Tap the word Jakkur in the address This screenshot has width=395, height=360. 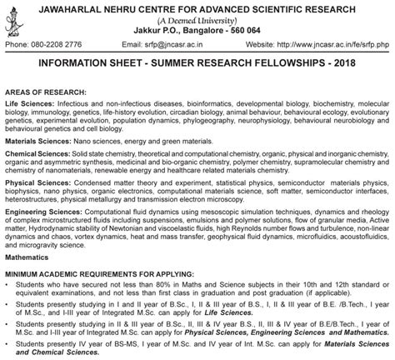(x=139, y=30)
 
